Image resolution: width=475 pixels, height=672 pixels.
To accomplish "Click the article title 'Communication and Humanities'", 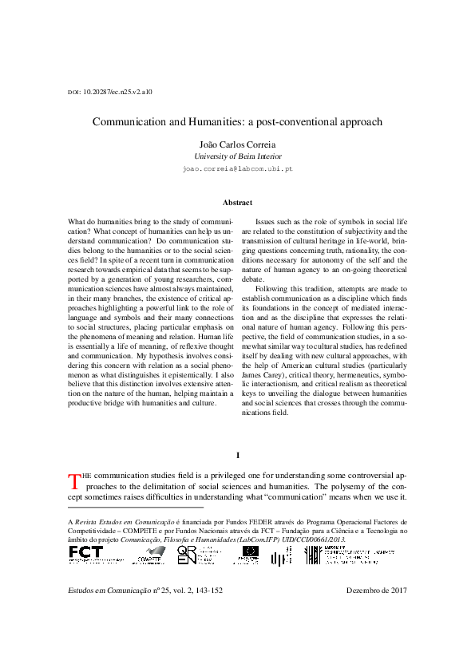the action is [237, 122].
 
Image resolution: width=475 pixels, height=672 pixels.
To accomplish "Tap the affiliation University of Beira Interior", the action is [237, 157].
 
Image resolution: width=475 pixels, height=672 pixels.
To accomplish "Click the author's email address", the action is [237, 170].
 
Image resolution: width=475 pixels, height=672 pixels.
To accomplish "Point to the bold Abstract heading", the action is [237, 203].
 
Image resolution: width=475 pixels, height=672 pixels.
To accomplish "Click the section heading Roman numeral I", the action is [237, 455].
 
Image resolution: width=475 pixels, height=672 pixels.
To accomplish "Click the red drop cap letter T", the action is [75, 481].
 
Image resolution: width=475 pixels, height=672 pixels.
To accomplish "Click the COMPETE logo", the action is [150, 555].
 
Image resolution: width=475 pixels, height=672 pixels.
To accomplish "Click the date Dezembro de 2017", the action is [377, 591].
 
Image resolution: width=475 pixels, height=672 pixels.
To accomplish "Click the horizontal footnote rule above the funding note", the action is [136, 507].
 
